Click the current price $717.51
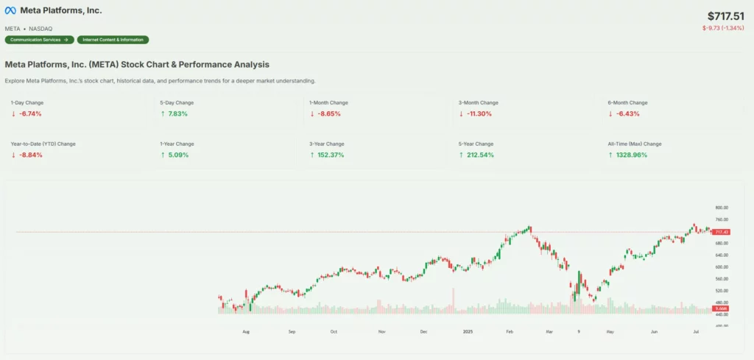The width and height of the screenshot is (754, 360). coord(726,15)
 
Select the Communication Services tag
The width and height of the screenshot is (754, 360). coord(39,40)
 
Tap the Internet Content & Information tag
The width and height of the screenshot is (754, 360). coord(113,40)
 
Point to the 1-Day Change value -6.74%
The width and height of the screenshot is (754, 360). coord(30,114)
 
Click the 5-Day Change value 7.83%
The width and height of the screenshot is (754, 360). coord(177,114)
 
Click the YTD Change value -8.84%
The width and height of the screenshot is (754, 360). coord(30,155)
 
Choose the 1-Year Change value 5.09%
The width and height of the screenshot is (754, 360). coord(177,155)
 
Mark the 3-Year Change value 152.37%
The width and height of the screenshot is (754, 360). coord(330,155)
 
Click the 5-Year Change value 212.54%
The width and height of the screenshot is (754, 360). coord(479,155)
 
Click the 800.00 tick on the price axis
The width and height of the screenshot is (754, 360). coord(721,208)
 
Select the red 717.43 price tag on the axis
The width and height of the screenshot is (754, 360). coord(721,232)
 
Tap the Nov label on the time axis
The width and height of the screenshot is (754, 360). coord(381,332)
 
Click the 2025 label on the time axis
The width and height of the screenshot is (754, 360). coord(467,332)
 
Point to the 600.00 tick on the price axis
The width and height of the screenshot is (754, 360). coord(721,267)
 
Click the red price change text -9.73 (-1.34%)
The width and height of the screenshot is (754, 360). coord(725,28)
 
